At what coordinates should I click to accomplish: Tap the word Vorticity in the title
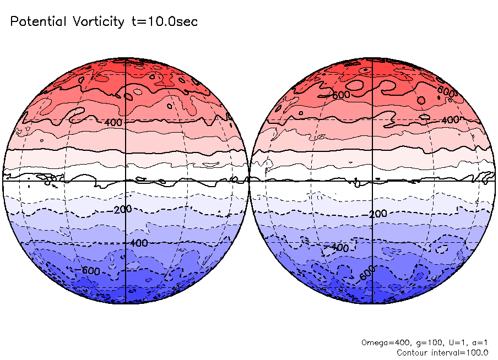(x=98, y=22)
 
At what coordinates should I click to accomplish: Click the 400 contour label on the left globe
(x=113, y=122)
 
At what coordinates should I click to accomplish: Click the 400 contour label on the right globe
(x=451, y=119)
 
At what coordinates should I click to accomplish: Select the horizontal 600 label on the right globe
(x=341, y=95)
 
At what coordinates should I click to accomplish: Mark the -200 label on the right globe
(x=376, y=214)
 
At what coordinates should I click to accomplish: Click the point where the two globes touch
(x=249, y=180)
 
